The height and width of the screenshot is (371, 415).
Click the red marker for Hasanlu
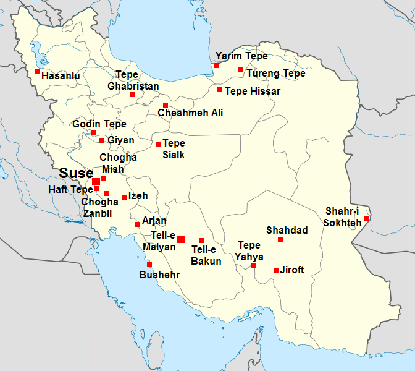pyautogui.click(x=38, y=72)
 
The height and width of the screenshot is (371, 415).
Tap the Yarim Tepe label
pyautogui.click(x=241, y=56)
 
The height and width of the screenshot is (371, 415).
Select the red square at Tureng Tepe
pyautogui.click(x=240, y=70)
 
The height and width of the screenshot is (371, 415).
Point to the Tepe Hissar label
pyautogui.click(x=253, y=91)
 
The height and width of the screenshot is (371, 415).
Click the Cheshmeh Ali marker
pyautogui.click(x=166, y=104)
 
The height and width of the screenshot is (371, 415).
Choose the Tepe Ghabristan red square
pyautogui.click(x=132, y=95)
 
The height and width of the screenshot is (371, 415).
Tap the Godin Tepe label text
pyautogui.click(x=99, y=124)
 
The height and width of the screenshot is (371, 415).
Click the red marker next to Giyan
pyautogui.click(x=102, y=140)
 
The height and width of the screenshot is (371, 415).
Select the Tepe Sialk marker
pyautogui.click(x=158, y=145)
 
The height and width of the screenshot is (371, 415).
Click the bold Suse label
pyautogui.click(x=77, y=173)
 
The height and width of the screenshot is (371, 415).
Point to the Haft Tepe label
pyautogui.click(x=70, y=189)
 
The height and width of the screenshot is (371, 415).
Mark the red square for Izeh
pyautogui.click(x=125, y=197)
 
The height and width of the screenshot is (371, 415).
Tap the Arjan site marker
pyautogui.click(x=138, y=224)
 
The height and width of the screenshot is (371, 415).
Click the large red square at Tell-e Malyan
pyautogui.click(x=180, y=239)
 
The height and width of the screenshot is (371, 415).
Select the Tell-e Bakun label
pyautogui.click(x=206, y=255)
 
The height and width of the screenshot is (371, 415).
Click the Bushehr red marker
pyautogui.click(x=149, y=265)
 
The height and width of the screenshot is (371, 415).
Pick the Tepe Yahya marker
pyautogui.click(x=253, y=265)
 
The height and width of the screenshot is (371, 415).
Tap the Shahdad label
pyautogui.click(x=287, y=230)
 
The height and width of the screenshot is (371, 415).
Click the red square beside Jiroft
pyautogui.click(x=276, y=270)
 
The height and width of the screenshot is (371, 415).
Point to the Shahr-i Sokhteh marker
pyautogui.click(x=366, y=218)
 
